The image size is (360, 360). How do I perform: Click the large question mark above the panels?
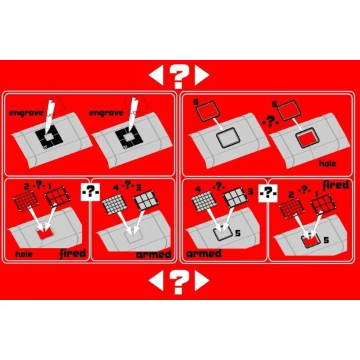coord(179,76)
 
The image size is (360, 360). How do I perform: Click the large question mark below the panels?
coord(179,281)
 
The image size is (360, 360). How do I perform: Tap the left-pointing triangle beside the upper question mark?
coord(156,75)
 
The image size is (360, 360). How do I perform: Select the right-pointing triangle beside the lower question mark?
coord(202,281)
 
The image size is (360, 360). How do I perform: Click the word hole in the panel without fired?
coord(327,163)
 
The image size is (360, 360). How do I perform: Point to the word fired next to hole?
coord(73,253)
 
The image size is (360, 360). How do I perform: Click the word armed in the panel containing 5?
coord(204,254)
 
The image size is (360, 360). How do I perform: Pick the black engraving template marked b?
coord(49,137)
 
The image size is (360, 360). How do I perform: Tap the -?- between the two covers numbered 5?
coord(271,121)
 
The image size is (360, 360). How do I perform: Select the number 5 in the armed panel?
coord(238,233)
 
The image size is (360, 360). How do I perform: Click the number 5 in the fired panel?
coord(326,240)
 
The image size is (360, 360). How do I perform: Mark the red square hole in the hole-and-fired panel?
coord(45,234)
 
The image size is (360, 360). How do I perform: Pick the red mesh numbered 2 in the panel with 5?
coord(291,209)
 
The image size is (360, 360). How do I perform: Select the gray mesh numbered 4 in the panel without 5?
coord(115,203)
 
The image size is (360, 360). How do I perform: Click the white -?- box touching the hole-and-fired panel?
coord(91,192)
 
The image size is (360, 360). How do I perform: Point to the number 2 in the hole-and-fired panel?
coord(27,186)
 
